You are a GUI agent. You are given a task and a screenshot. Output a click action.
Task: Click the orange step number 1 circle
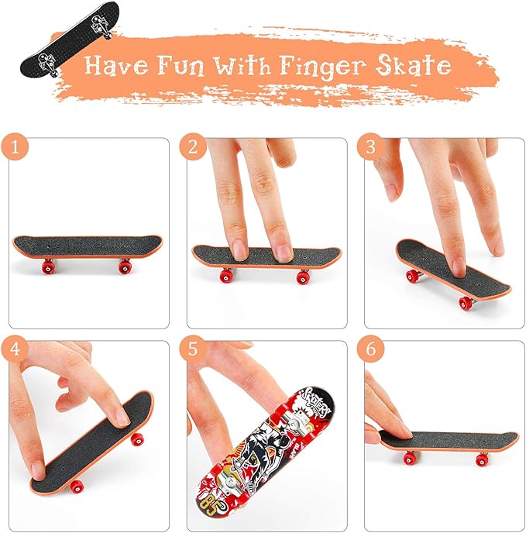click(15, 146)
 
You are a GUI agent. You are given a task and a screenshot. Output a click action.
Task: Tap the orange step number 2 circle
click(192, 146)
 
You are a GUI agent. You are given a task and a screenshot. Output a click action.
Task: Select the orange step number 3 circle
click(370, 146)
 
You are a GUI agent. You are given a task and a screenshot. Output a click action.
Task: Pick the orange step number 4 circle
click(15, 349)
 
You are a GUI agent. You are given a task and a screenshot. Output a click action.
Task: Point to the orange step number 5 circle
click(192, 349)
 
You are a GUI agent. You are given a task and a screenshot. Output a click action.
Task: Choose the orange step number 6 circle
click(370, 349)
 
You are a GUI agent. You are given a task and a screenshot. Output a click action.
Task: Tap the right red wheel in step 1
click(123, 266)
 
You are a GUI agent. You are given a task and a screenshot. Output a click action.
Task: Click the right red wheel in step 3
click(465, 303)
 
